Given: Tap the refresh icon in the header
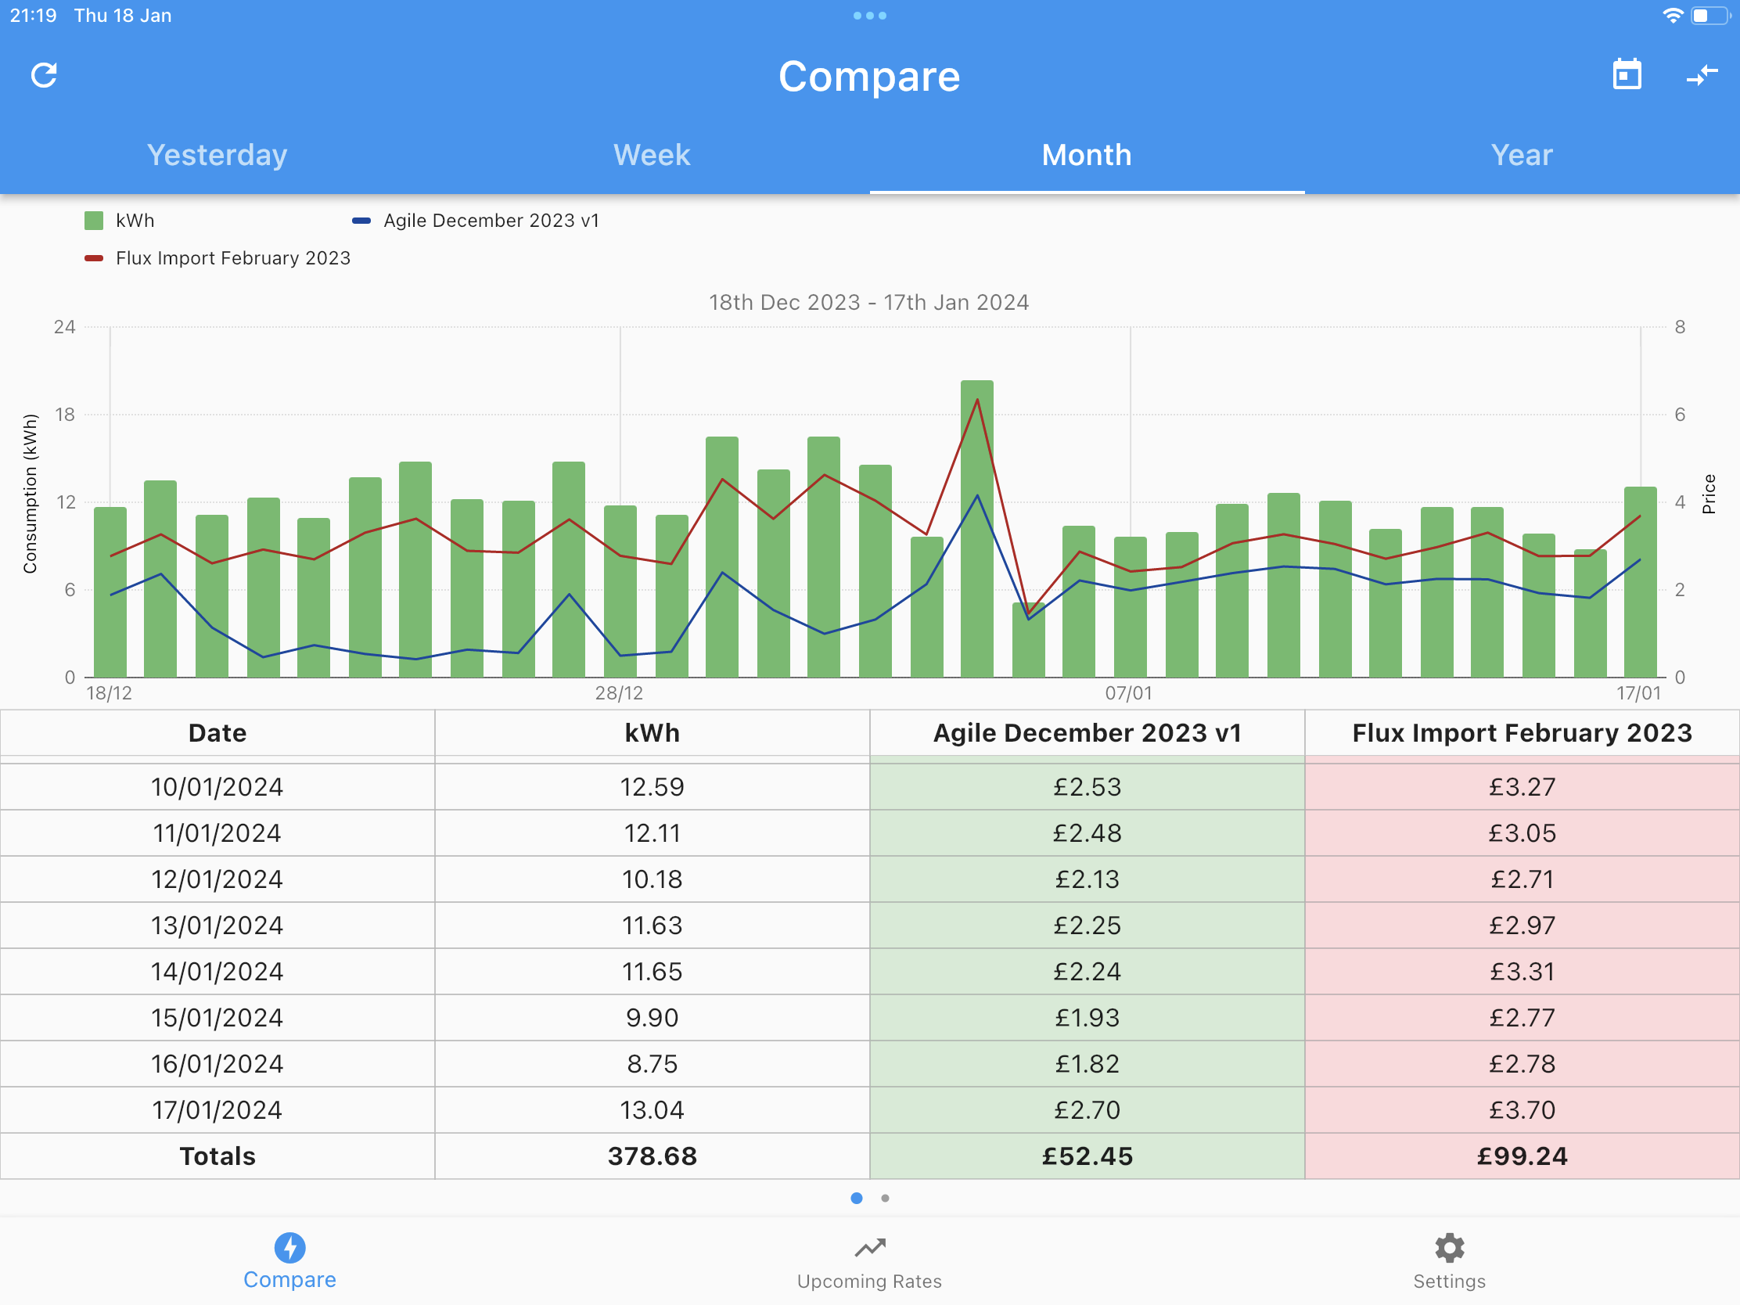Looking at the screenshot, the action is (x=44, y=76).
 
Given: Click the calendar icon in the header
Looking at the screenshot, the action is (x=1627, y=75).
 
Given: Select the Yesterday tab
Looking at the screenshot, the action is (x=217, y=155).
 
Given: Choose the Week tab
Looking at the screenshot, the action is (x=652, y=155).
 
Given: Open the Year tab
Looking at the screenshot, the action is (x=1522, y=155).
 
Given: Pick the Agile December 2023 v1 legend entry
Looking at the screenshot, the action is (x=476, y=221).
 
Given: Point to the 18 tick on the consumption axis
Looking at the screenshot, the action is (x=64, y=415).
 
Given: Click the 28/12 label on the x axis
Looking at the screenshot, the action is (x=619, y=693).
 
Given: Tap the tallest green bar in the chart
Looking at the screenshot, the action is (x=977, y=529).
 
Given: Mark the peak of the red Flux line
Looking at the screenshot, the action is (x=977, y=400).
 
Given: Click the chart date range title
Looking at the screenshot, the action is (x=869, y=302).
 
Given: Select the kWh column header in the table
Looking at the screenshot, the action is (x=652, y=733).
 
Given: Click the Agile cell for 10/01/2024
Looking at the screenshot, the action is (x=1087, y=786).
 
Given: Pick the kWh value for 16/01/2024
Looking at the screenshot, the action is (x=652, y=1063).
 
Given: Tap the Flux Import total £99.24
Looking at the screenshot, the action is (x=1522, y=1156).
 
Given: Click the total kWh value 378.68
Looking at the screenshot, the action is (x=652, y=1156).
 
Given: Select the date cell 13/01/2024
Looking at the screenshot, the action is (x=217, y=925).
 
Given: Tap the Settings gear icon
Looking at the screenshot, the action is (x=1450, y=1248).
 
